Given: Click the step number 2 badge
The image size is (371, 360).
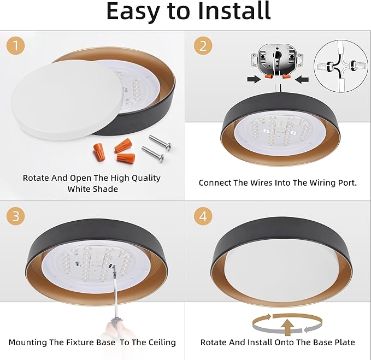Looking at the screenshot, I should tap(203, 46).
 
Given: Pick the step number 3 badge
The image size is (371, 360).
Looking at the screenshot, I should tap(16, 216).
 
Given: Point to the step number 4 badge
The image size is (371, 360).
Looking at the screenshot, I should tap(203, 216).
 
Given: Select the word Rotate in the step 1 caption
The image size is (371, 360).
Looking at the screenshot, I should tap(37, 178).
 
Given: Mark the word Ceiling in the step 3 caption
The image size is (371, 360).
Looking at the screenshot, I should tap(158, 343).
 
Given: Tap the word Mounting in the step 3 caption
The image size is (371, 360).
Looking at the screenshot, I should tap(29, 343).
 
